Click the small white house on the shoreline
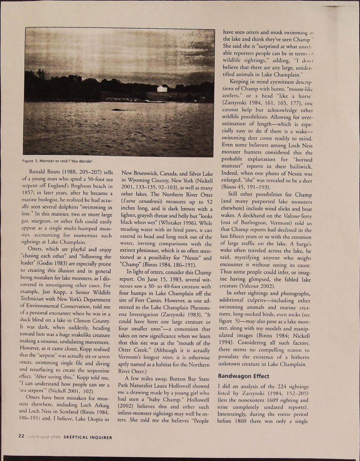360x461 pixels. pos(162,89)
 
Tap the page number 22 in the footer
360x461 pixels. pos(21,436)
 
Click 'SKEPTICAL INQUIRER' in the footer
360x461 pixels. pos(88,436)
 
